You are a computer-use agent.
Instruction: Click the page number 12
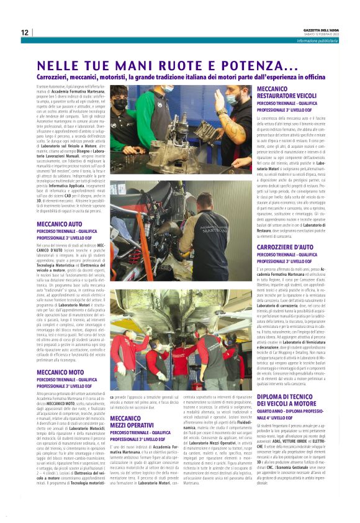point(24,32)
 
